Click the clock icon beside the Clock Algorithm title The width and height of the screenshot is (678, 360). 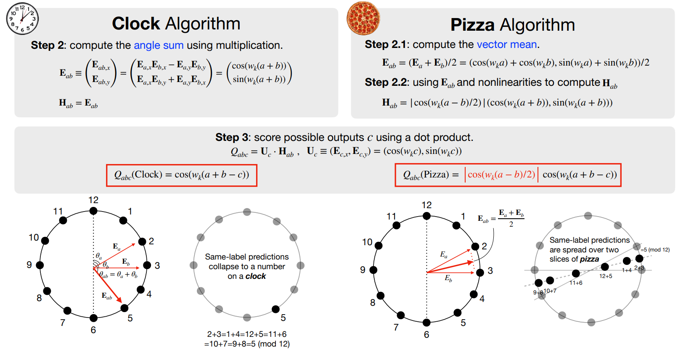(x=22, y=18)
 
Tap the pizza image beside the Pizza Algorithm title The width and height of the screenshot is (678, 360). (x=363, y=18)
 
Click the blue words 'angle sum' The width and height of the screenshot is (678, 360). (x=159, y=45)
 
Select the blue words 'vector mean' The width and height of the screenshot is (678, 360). (x=507, y=45)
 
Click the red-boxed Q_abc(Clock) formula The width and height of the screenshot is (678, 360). (x=182, y=175)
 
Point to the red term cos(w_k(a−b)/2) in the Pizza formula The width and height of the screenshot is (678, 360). (x=501, y=175)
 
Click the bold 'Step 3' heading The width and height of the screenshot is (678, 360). (x=232, y=138)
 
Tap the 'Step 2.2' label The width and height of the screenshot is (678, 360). (x=386, y=82)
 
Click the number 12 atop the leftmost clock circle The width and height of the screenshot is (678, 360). (x=93, y=200)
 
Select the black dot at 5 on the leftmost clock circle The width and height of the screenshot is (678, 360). (x=124, y=308)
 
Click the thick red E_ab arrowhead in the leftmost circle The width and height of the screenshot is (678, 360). (x=119, y=300)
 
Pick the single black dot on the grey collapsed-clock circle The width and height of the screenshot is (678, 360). (x=275, y=309)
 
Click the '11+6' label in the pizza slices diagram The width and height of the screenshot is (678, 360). (x=576, y=283)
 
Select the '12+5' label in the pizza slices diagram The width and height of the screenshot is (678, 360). (x=606, y=276)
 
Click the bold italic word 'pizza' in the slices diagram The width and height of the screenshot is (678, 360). (x=589, y=259)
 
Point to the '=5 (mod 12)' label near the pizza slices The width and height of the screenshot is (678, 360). (x=655, y=250)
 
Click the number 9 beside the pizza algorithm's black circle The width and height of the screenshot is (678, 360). (x=363, y=270)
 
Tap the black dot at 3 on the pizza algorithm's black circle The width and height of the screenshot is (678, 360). (x=480, y=273)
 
